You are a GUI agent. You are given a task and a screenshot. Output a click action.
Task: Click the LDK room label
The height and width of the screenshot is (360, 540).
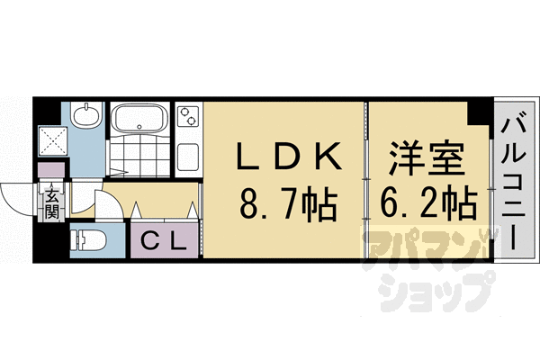(290, 156)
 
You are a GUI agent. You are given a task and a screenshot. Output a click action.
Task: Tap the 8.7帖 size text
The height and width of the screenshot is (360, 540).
(288, 205)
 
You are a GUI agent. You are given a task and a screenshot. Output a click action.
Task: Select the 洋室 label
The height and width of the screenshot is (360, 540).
(427, 157)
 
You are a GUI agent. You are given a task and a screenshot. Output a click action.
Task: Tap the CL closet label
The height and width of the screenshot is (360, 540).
(165, 240)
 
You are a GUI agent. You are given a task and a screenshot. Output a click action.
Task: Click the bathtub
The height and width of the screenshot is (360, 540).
(139, 118)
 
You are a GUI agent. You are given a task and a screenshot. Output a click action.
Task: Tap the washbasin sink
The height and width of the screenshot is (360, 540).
(86, 114)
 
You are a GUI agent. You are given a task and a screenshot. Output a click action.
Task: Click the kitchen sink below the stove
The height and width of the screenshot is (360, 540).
(188, 157)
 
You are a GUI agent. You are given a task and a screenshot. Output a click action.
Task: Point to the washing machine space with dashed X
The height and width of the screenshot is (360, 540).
(53, 140)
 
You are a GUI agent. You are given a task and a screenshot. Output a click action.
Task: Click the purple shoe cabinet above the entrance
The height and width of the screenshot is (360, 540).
(51, 170)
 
